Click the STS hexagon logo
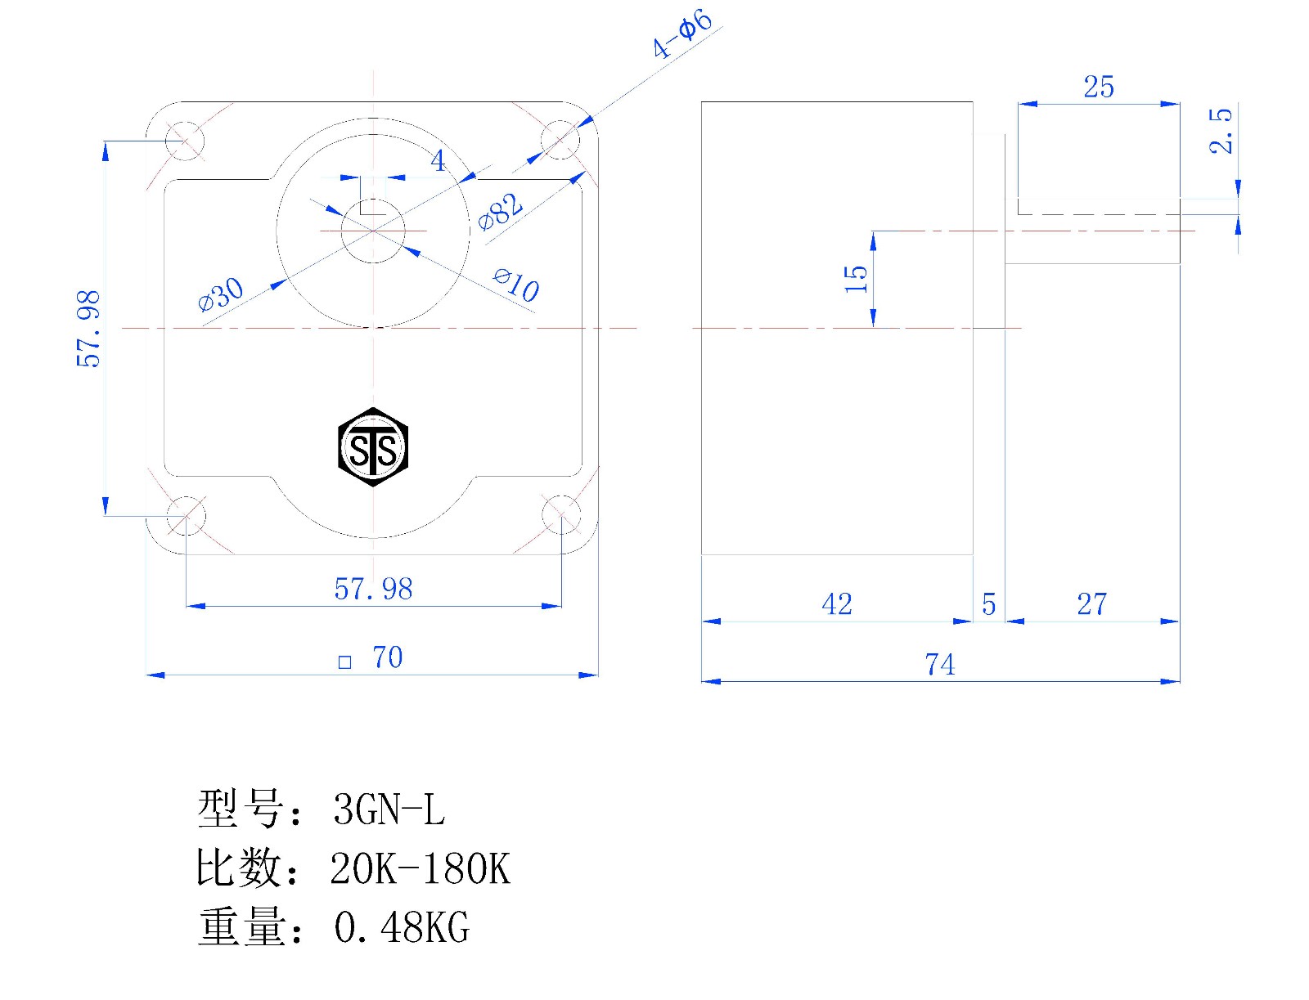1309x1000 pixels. coord(373,447)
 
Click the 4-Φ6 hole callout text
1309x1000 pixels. coord(681,34)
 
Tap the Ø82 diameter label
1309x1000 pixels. coord(501,212)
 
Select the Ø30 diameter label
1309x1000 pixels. coord(221,294)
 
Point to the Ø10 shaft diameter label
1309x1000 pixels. coord(516,285)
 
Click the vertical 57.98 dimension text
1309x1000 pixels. coord(88,329)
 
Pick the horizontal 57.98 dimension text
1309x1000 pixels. coord(373,589)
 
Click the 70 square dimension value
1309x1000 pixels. coord(388,657)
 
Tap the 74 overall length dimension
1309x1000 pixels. coord(940,665)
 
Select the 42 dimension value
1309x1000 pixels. coord(837,604)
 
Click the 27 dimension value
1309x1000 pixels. coord(1092,604)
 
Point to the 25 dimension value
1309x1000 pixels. coord(1099,87)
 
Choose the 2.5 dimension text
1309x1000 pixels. coord(1221,131)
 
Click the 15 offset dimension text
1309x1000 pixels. coord(856,279)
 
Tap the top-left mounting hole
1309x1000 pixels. coord(185,141)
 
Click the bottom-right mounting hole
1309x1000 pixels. coord(561,515)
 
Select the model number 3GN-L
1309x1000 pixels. coord(389,809)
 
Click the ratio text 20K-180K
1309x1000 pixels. coord(421,869)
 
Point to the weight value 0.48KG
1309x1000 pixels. coord(402,928)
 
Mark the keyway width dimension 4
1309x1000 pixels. coord(439,160)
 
